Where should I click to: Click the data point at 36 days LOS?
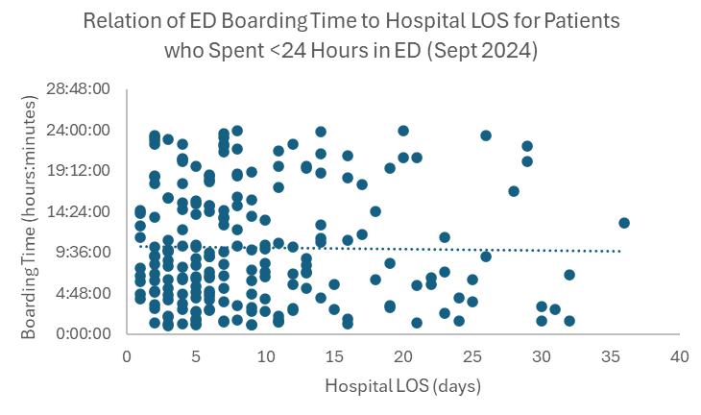point(624,223)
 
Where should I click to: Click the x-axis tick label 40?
point(679,355)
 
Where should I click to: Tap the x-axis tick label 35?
point(610,355)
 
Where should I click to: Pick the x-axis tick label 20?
point(402,355)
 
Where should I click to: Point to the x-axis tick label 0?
point(127,355)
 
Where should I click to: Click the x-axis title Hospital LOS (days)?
point(402,387)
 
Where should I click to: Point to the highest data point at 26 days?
point(486,135)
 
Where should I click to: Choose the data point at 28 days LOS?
point(514,191)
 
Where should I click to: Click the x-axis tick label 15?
point(333,355)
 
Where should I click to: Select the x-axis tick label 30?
point(541,355)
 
